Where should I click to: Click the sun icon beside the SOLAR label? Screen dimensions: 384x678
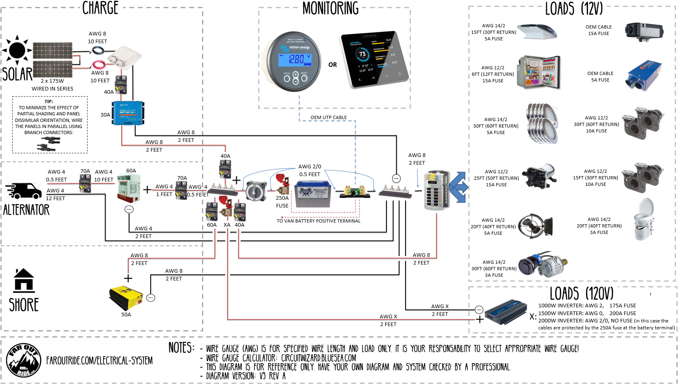[17, 50]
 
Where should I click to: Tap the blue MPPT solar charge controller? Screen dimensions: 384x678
[128, 113]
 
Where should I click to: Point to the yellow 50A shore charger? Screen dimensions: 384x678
[125, 298]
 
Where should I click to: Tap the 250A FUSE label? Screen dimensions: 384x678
[282, 202]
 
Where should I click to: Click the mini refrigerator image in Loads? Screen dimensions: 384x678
[539, 73]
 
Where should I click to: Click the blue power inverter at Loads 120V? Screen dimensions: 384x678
[506, 312]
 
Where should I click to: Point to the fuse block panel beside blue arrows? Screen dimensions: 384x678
[436, 190]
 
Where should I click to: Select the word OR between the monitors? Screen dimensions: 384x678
[333, 65]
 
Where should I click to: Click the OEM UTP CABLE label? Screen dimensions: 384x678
[328, 117]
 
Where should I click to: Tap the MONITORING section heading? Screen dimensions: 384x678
[330, 8]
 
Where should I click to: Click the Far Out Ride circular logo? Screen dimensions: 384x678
[24, 360]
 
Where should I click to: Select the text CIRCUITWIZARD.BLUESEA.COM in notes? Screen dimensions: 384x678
[318, 358]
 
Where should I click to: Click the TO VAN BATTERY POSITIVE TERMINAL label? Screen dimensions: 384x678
[318, 221]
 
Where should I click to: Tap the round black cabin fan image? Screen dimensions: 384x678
[535, 225]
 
